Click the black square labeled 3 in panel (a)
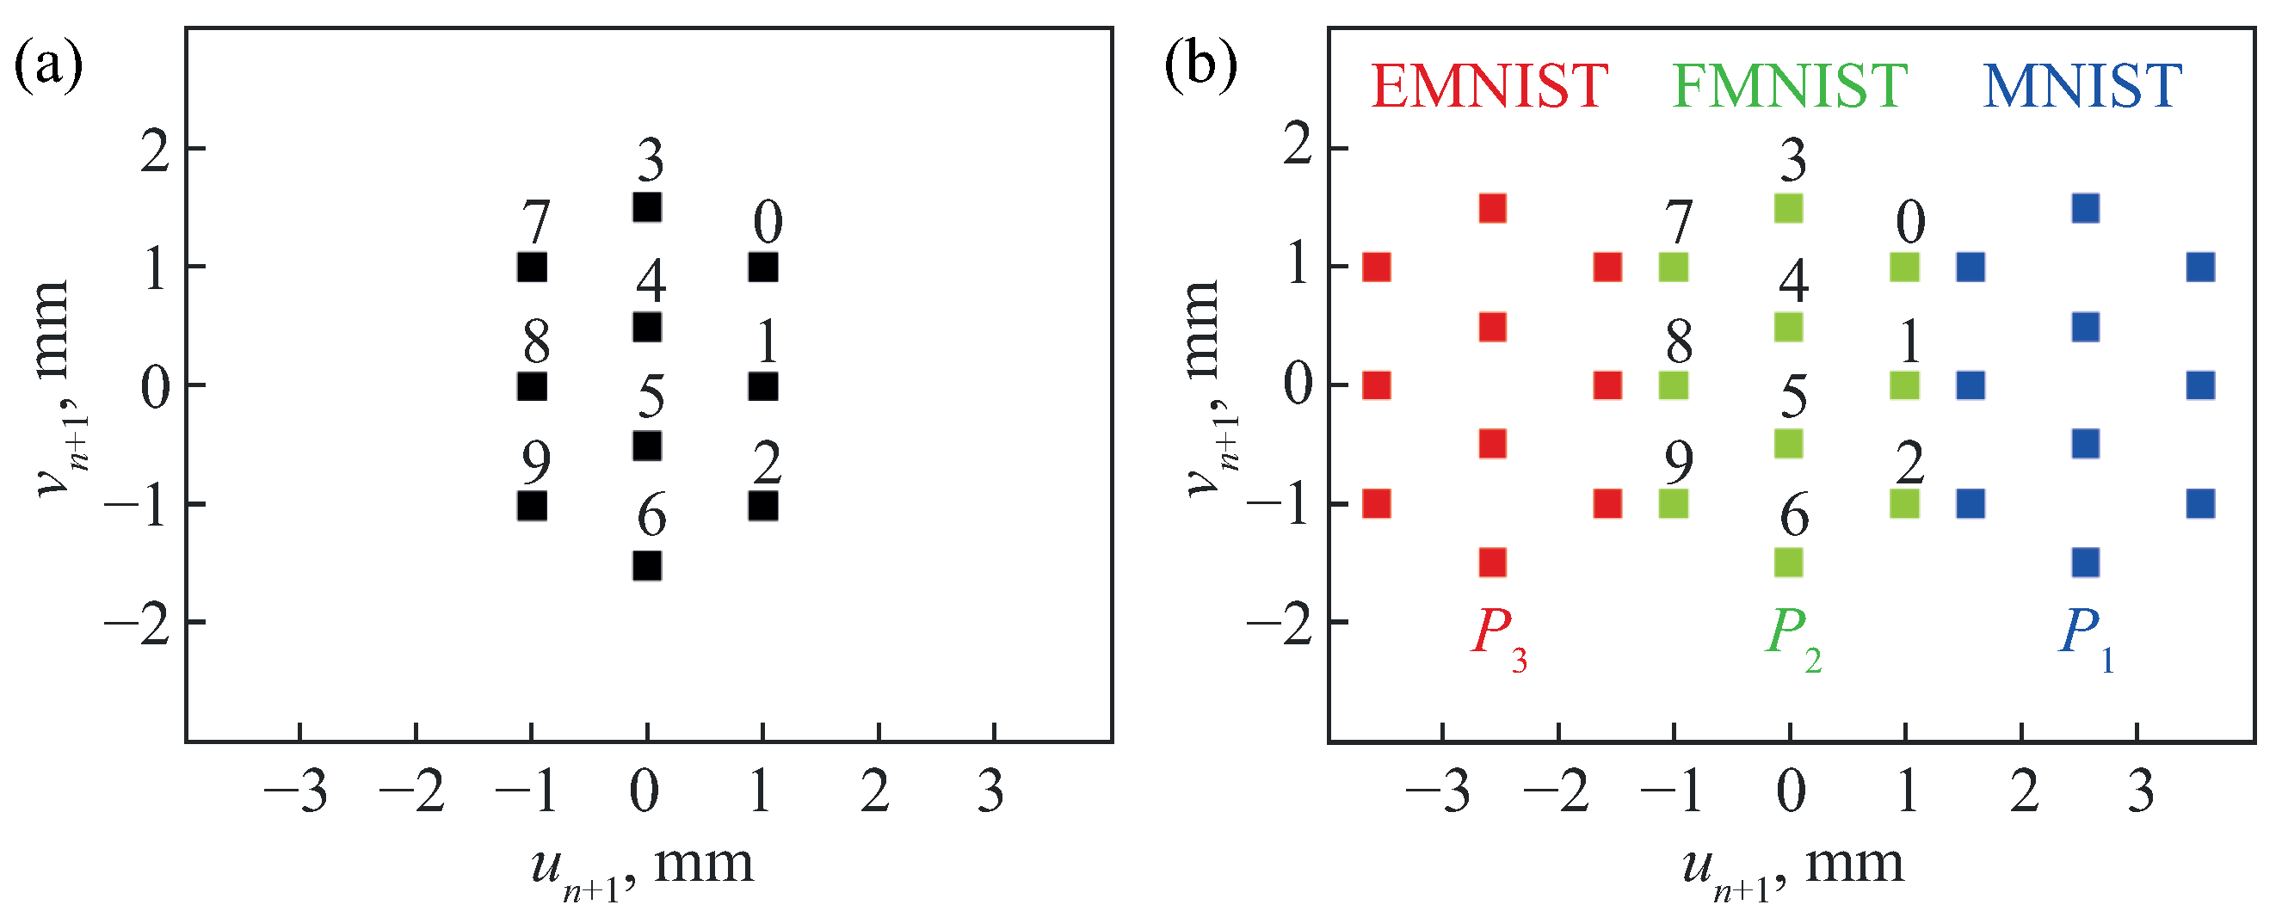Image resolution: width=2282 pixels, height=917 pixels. click(x=647, y=207)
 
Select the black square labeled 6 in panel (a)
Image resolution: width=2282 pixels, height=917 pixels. click(x=647, y=564)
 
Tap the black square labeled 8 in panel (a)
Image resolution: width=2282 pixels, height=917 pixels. click(x=532, y=386)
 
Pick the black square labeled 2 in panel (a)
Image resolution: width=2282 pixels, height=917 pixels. click(x=762, y=506)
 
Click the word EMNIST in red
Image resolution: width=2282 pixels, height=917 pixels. click(x=1489, y=87)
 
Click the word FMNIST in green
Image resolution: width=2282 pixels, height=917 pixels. click(x=1790, y=87)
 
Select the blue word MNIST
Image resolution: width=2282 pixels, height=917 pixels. click(x=2082, y=87)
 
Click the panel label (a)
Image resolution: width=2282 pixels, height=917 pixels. click(x=48, y=67)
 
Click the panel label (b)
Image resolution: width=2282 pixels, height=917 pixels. click(x=1200, y=67)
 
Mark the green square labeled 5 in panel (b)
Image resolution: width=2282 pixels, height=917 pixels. click(x=1789, y=444)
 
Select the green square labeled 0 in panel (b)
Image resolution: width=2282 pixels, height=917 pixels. click(x=1904, y=267)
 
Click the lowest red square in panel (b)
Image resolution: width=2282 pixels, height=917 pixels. click(x=1493, y=562)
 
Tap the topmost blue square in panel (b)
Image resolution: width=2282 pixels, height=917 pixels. click(x=2085, y=208)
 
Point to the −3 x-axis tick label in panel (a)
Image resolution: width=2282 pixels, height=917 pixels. click(x=296, y=791)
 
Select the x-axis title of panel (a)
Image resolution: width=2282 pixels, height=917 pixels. click(x=642, y=868)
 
